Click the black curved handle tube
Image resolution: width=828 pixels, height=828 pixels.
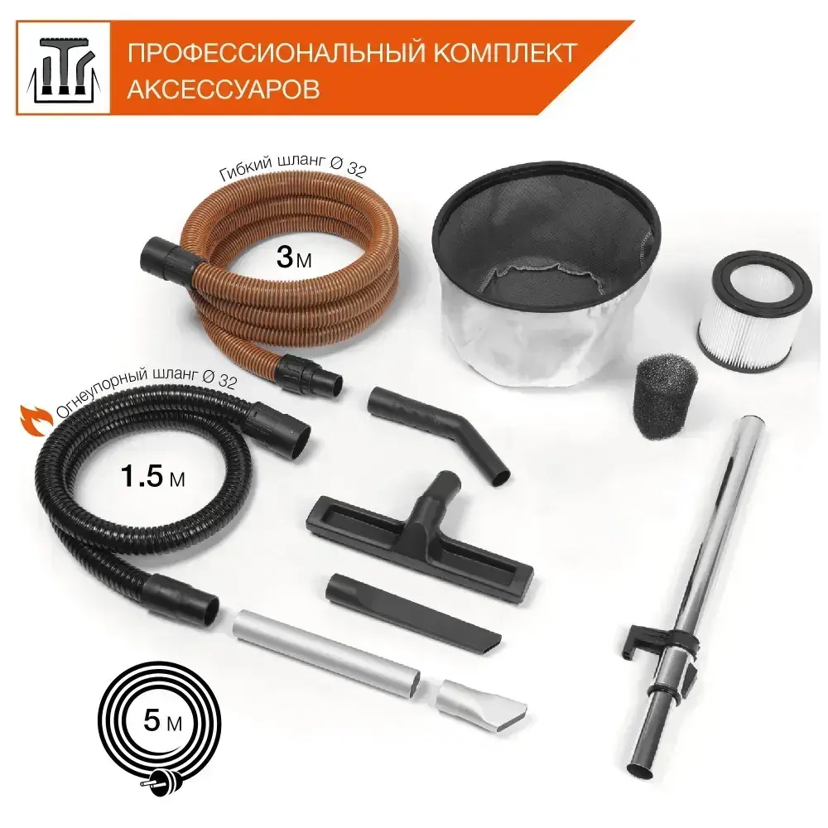click(440, 426)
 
